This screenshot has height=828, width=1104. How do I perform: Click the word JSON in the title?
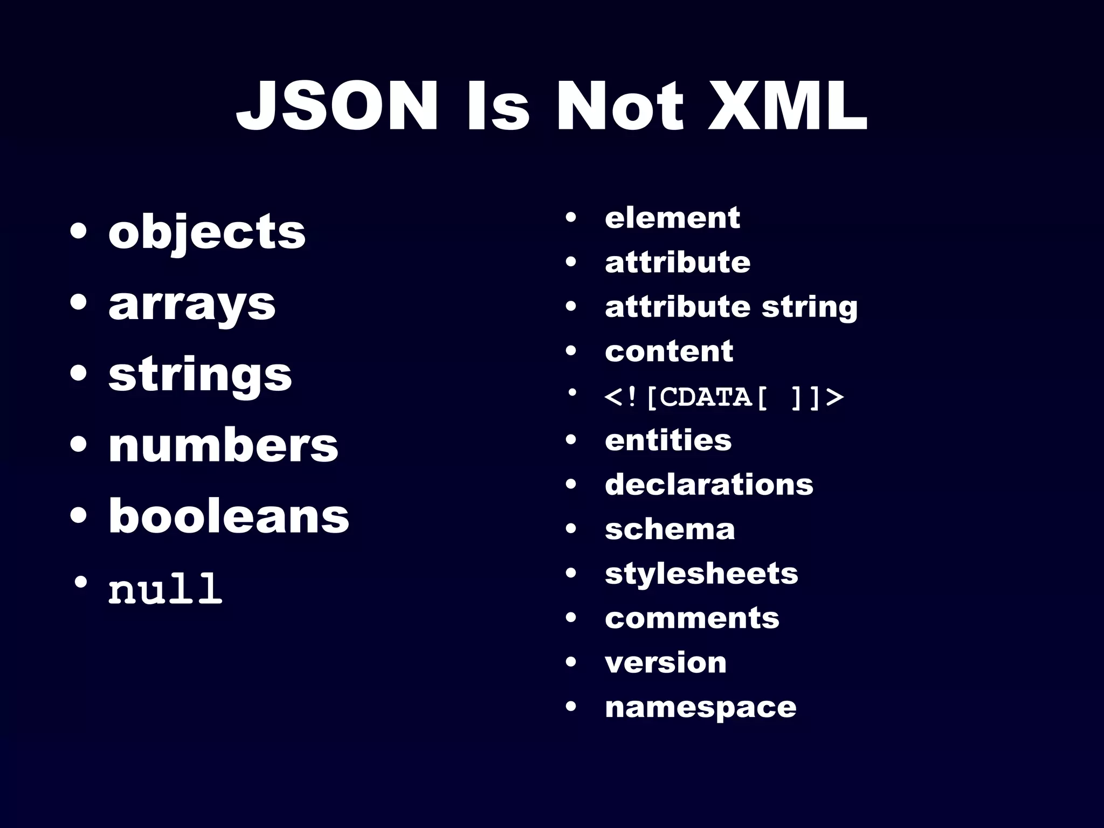(x=337, y=106)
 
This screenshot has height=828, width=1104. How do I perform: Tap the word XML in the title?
(x=788, y=106)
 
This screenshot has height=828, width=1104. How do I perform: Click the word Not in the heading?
(x=619, y=106)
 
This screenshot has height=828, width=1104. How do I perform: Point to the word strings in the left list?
(x=200, y=375)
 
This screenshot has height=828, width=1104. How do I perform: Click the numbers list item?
(x=223, y=446)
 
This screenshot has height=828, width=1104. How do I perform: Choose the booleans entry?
(x=229, y=516)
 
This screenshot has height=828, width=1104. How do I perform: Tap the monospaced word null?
(x=165, y=588)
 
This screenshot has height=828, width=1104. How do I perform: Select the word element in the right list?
(x=672, y=218)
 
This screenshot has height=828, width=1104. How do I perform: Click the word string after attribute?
(x=809, y=307)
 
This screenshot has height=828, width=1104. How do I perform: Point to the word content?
(x=669, y=351)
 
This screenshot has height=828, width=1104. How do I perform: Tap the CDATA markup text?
(x=724, y=397)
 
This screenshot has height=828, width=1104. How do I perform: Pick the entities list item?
(x=668, y=440)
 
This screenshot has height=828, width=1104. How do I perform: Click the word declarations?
(x=709, y=485)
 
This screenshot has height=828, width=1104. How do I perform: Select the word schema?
(x=670, y=529)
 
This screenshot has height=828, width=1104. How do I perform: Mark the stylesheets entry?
(x=701, y=574)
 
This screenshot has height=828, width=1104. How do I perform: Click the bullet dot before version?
(x=571, y=662)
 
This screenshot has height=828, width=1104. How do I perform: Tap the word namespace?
(x=700, y=707)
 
